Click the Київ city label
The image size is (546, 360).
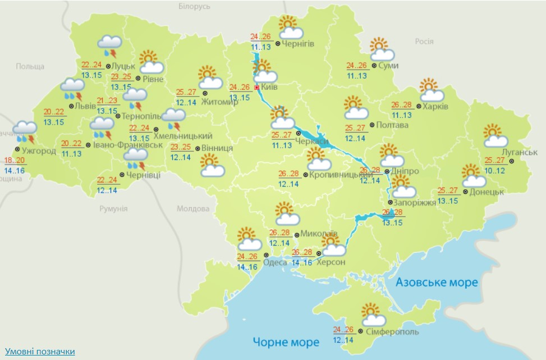click(269, 88)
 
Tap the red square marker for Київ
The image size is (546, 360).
click(257, 88)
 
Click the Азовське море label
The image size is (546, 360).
click(437, 282)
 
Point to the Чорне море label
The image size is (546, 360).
click(286, 341)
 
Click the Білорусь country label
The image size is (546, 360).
click(194, 6)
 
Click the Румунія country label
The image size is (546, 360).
click(113, 209)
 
